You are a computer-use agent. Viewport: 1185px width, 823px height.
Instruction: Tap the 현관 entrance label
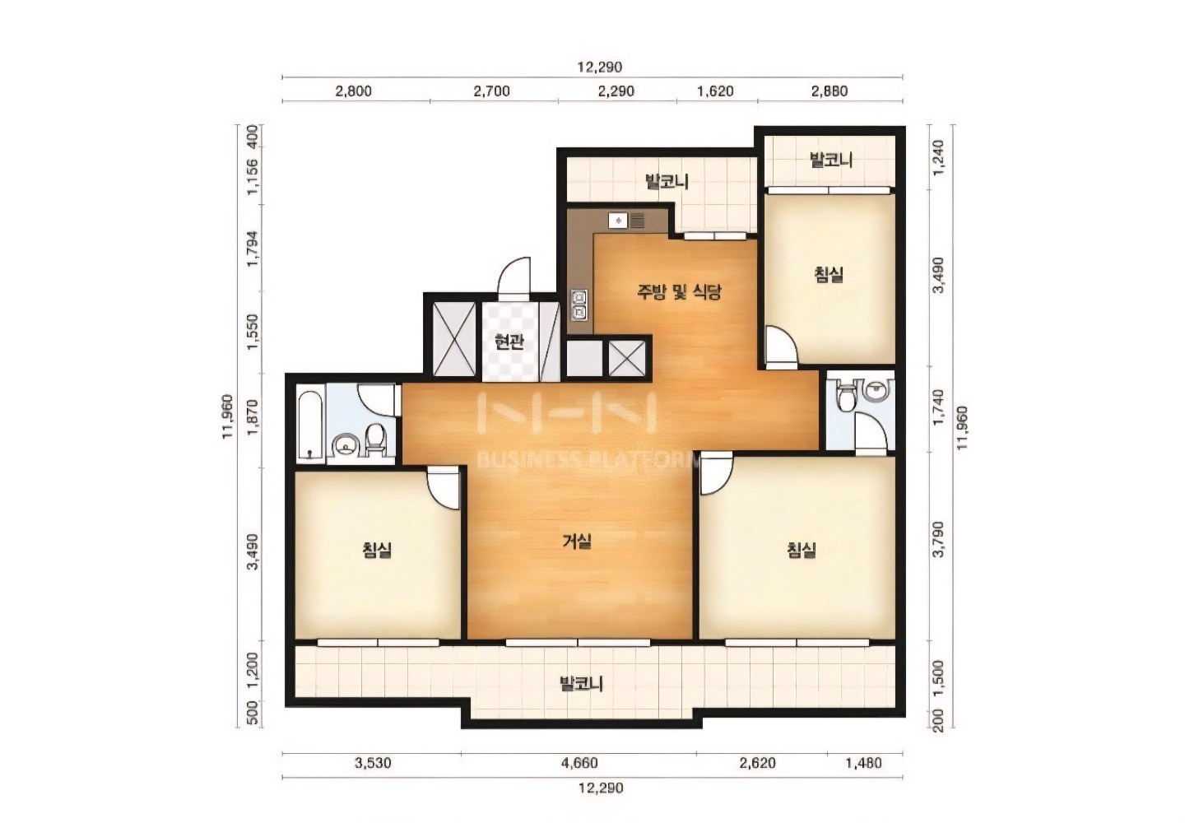[509, 342]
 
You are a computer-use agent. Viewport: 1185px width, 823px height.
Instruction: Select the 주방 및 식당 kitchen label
[679, 291]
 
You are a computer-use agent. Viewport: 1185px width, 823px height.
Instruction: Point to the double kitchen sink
[578, 305]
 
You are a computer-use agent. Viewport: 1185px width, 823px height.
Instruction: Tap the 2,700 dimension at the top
[491, 91]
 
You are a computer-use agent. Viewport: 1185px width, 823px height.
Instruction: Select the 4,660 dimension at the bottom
[580, 763]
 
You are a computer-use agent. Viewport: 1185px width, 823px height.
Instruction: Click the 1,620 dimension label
[715, 91]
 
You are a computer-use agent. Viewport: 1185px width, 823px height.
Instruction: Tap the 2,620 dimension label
[759, 763]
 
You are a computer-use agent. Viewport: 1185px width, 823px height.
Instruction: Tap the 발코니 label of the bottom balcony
[581, 684]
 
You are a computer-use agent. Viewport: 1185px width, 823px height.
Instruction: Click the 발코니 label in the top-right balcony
[831, 160]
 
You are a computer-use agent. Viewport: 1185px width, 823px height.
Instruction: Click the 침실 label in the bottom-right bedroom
[801, 550]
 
